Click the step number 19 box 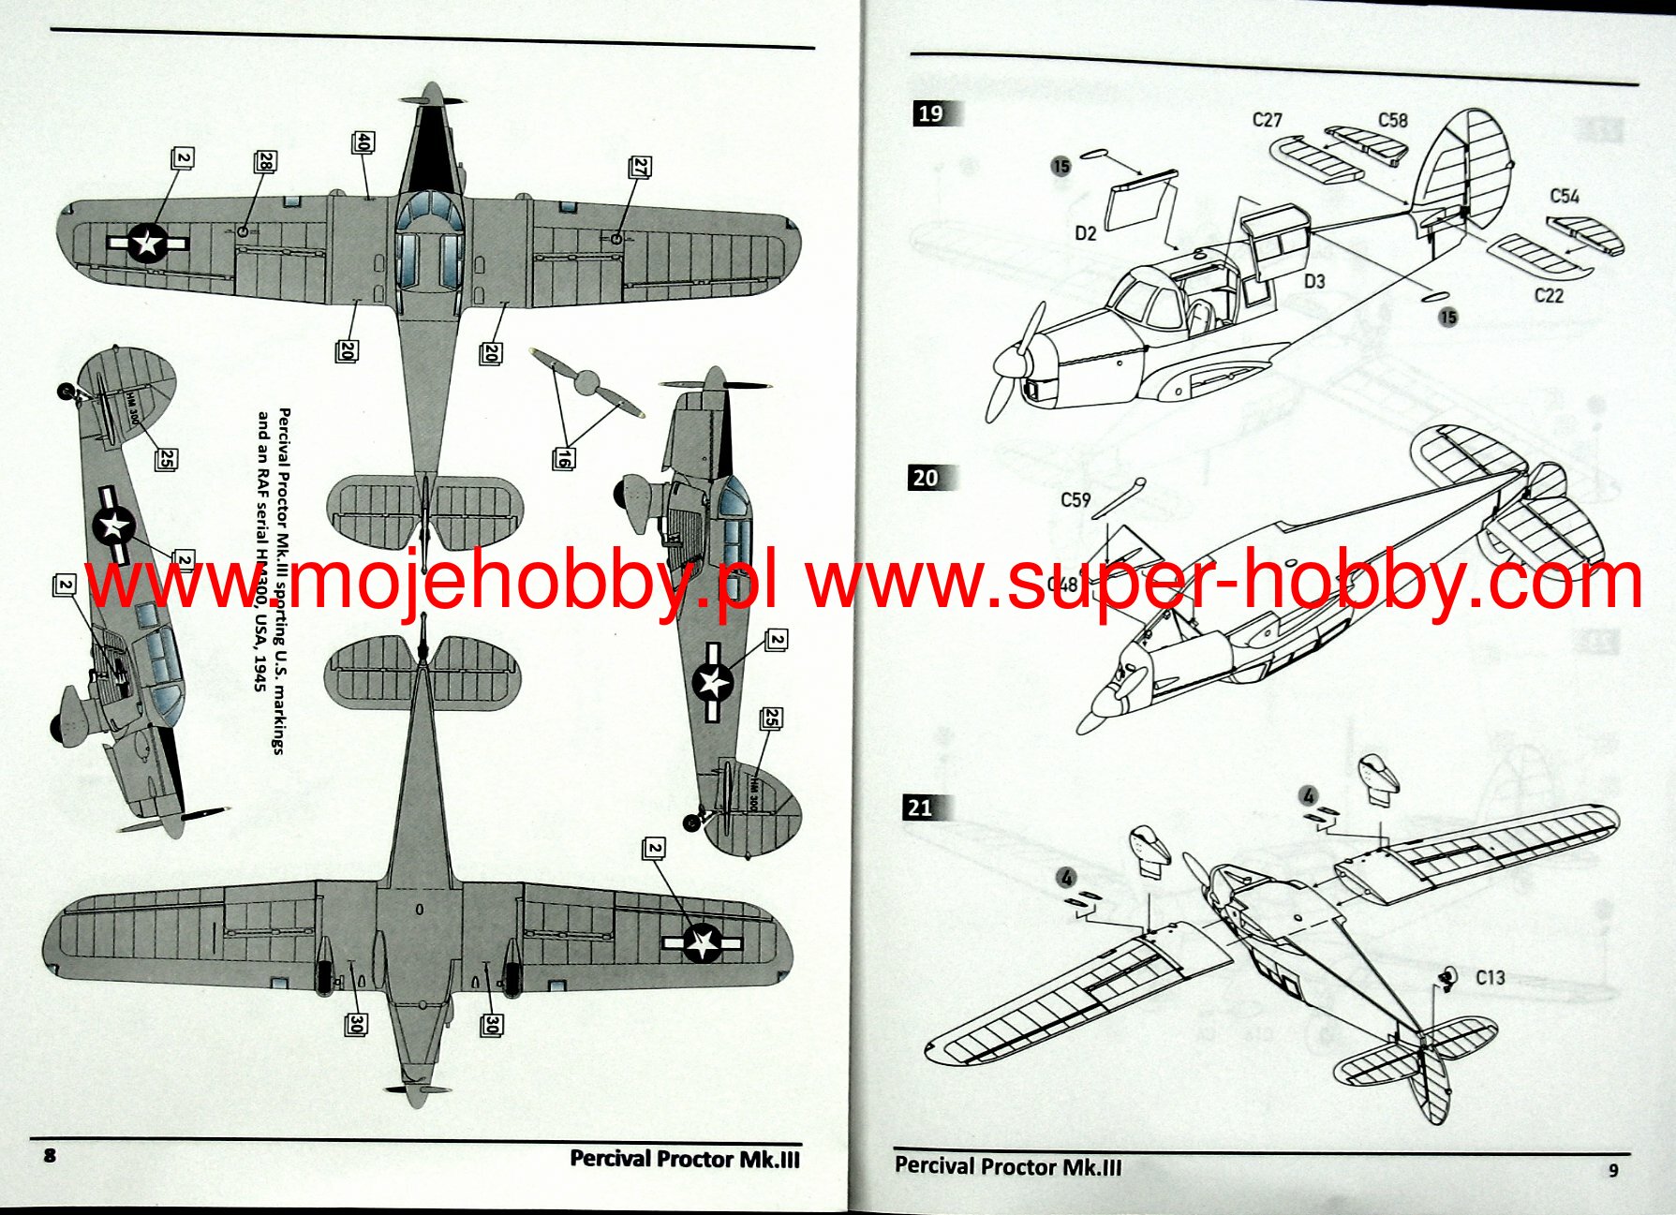pos(930,113)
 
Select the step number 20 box pos(925,478)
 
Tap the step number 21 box pos(920,808)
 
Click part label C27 pos(1267,120)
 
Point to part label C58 pos(1392,120)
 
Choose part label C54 pos(1564,196)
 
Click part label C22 pos(1549,295)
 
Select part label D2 pos(1085,233)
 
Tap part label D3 pos(1314,281)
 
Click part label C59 pos(1075,499)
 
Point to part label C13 pos(1490,977)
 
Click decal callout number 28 pos(265,162)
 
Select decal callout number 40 pos(363,142)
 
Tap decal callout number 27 pos(640,168)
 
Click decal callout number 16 pos(563,458)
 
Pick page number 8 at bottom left pos(50,1155)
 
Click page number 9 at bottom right pos(1612,1170)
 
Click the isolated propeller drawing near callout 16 pos(587,382)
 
